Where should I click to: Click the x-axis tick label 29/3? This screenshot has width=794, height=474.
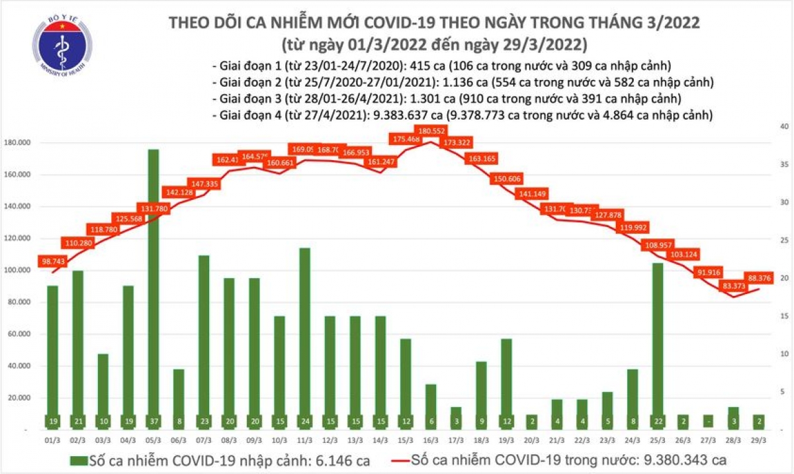coord(759,440)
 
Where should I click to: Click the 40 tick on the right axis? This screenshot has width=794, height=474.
coord(783,126)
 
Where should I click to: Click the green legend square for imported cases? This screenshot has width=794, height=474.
coord(81,459)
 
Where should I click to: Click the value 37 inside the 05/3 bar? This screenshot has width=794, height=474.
coord(153,421)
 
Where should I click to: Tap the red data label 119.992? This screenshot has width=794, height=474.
coord(633,227)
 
